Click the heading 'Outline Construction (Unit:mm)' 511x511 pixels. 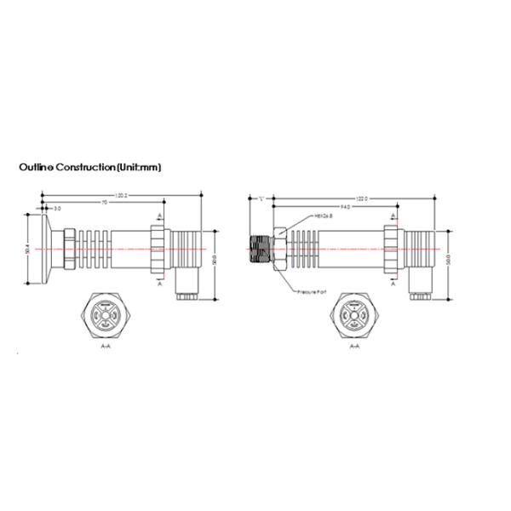click(x=89, y=168)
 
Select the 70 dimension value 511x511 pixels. click(x=104, y=202)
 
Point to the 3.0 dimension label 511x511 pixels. click(x=57, y=209)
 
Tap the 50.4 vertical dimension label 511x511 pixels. click(x=28, y=249)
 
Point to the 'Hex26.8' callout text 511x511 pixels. click(x=324, y=216)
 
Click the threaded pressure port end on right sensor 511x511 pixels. click(x=259, y=249)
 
